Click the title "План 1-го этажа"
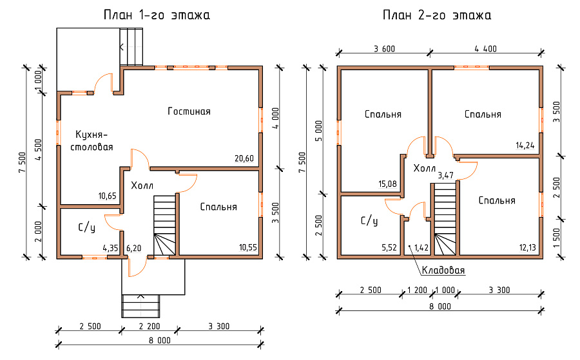[x=157, y=15]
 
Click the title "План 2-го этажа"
[x=437, y=15]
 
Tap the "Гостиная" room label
[x=189, y=111]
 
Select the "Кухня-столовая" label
[x=92, y=140]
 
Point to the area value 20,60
[x=244, y=158]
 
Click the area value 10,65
[x=107, y=196]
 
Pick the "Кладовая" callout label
[x=443, y=270]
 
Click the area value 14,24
[x=525, y=146]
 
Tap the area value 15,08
[x=388, y=184]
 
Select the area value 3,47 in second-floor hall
[x=446, y=175]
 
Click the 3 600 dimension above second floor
[x=384, y=49]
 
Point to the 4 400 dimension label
[x=486, y=49]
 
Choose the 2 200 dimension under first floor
[x=150, y=327]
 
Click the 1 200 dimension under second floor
[x=417, y=290]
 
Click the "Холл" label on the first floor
[x=142, y=185]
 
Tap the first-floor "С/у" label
[x=86, y=228]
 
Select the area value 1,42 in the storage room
[x=421, y=248]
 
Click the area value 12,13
[x=527, y=248]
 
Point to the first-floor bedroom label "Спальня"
[x=218, y=207]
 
